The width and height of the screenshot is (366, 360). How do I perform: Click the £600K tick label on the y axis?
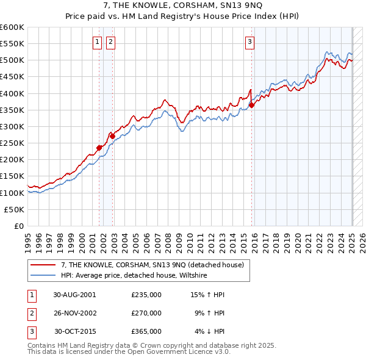pyautogui.click(x=12, y=27)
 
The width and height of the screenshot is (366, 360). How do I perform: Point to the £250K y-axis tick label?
pyautogui.click(x=12, y=143)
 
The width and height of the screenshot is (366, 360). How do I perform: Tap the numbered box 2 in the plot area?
pyautogui.click(x=110, y=42)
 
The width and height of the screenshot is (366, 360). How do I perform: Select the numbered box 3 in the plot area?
pyautogui.click(x=250, y=42)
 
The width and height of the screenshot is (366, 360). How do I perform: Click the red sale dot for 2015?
pyautogui.click(x=252, y=105)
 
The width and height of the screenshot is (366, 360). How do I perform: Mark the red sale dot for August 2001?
pyautogui.click(x=99, y=148)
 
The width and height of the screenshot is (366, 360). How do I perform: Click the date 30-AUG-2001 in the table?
pyautogui.click(x=74, y=295)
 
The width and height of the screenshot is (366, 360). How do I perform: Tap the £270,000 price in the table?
pyautogui.click(x=146, y=313)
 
